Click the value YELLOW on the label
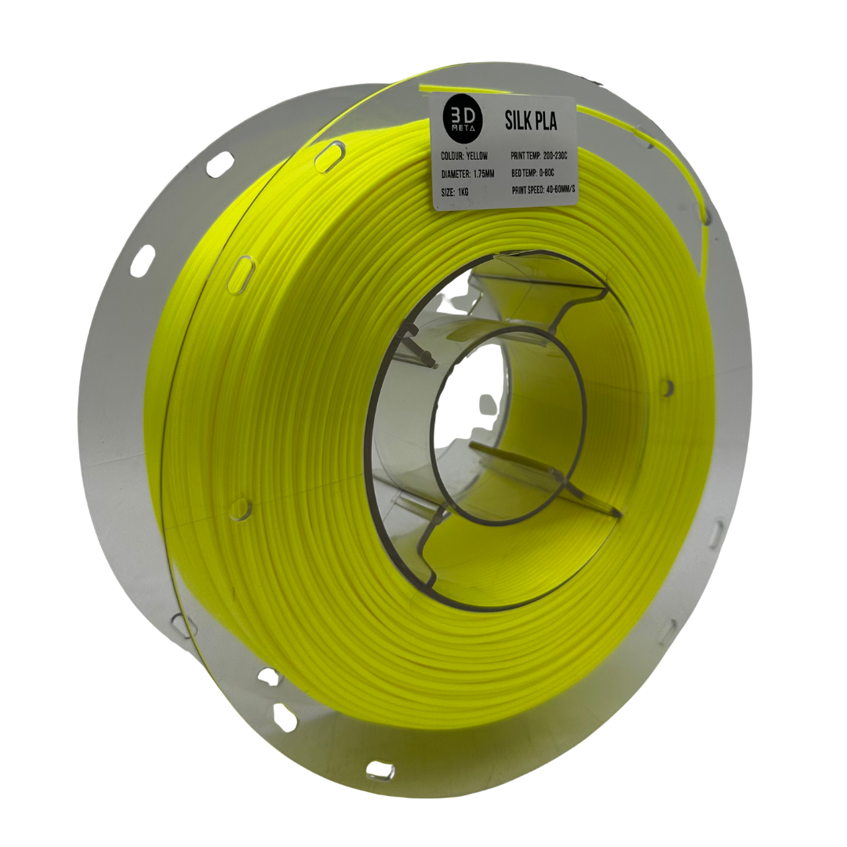coord(486,156)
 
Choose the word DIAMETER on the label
coord(460,174)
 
